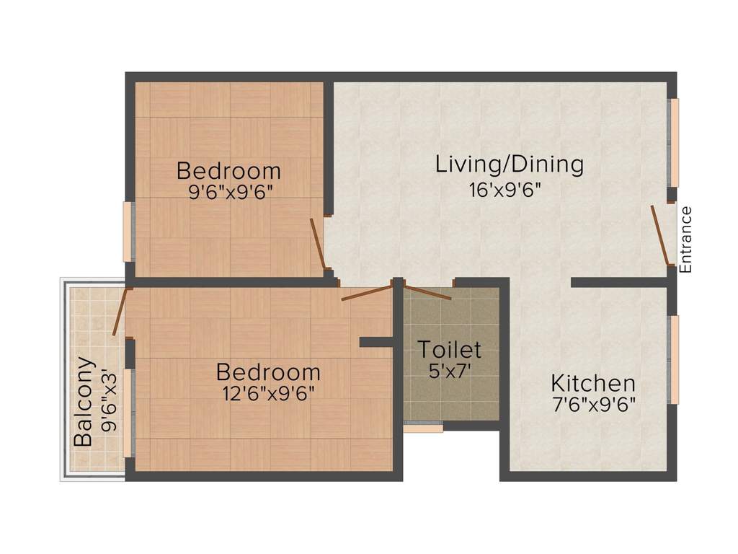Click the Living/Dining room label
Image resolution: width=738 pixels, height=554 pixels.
(509, 164)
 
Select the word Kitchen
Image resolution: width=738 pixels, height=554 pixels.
(593, 383)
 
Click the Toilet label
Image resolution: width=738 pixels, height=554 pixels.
(450, 350)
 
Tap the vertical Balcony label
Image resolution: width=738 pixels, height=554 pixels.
(84, 401)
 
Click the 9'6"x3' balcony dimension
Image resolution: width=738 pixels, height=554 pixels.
(109, 400)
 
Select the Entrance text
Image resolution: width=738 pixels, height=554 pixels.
(685, 239)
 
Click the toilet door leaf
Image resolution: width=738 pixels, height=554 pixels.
(428, 292)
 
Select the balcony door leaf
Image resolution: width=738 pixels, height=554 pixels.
(120, 312)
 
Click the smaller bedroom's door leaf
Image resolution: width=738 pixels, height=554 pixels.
(317, 243)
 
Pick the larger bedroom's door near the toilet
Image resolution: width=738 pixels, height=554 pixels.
(366, 293)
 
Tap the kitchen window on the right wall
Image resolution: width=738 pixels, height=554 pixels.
(674, 359)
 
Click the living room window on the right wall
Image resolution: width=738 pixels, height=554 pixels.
(674, 142)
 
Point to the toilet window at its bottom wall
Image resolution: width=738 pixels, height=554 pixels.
(423, 428)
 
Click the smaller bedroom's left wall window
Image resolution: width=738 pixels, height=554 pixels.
(128, 232)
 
